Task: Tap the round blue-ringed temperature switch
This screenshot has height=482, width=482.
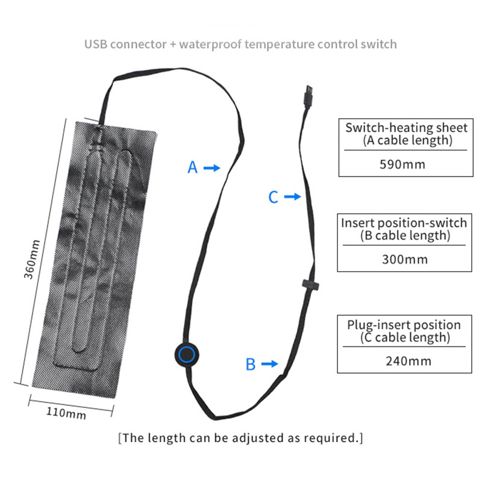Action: coord(187,354)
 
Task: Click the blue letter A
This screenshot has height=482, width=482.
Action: coord(192,167)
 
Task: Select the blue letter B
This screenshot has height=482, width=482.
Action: coord(251,364)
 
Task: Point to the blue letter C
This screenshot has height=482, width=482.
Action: coord(273,197)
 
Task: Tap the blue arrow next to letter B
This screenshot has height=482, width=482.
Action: coord(269,363)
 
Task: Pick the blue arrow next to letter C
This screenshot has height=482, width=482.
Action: coord(292,196)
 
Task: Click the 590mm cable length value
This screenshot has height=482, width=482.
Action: coord(403,164)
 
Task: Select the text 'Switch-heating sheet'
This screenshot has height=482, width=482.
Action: coord(406,128)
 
